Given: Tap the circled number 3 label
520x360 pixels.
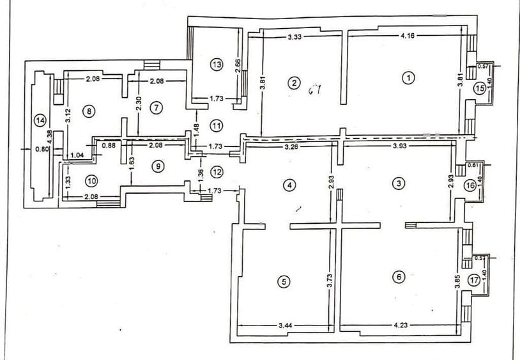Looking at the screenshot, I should (x=399, y=184).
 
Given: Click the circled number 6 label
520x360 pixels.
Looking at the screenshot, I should (x=399, y=277).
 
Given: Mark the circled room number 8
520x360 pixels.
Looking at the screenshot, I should (x=89, y=111).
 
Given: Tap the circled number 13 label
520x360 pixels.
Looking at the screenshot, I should (x=216, y=64).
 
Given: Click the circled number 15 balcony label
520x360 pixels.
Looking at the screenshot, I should (x=480, y=88).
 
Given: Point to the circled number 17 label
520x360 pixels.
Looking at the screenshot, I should (x=473, y=279).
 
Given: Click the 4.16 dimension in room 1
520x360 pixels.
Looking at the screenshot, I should (x=406, y=36).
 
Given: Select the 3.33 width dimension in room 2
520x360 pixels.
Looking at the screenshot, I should (x=294, y=37).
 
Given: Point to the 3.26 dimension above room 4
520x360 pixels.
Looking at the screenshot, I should (x=293, y=147).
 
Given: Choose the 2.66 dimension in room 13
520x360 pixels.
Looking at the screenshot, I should (x=238, y=67).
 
